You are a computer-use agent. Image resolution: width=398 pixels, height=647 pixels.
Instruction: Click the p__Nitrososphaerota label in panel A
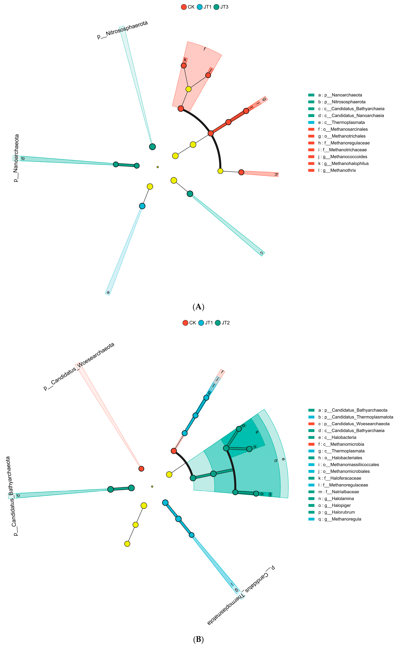[122, 30]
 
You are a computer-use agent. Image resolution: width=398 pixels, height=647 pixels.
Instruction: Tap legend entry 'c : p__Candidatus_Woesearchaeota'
[354, 424]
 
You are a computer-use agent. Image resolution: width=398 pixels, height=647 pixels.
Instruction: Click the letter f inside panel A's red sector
[205, 49]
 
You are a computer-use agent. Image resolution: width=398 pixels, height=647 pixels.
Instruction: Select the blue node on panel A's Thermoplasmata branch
[142, 206]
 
